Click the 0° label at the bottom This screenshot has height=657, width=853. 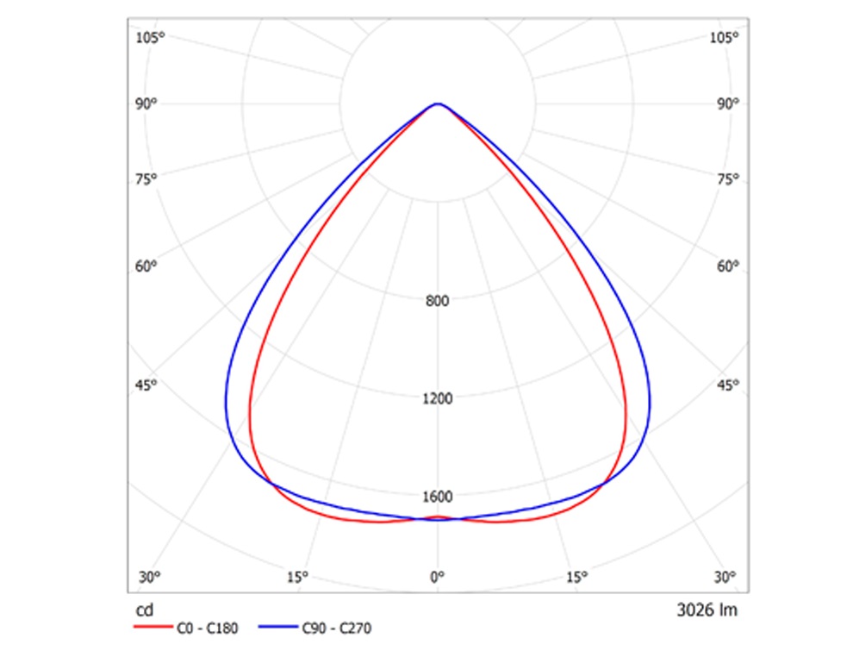click(438, 577)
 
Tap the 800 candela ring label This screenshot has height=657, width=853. click(438, 302)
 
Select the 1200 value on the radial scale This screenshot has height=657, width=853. click(438, 399)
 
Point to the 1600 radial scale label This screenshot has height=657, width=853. click(438, 497)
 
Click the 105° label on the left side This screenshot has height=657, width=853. click(149, 37)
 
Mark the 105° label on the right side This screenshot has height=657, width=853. click(723, 37)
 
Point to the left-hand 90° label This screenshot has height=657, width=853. click(146, 104)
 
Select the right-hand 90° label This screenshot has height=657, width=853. click(726, 104)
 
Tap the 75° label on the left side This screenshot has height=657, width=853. click(146, 179)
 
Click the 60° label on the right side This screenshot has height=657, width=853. click(726, 266)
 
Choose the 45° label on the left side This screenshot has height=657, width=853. click(146, 385)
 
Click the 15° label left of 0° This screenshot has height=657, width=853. click(297, 577)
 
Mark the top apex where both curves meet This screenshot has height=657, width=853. click(438, 104)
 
